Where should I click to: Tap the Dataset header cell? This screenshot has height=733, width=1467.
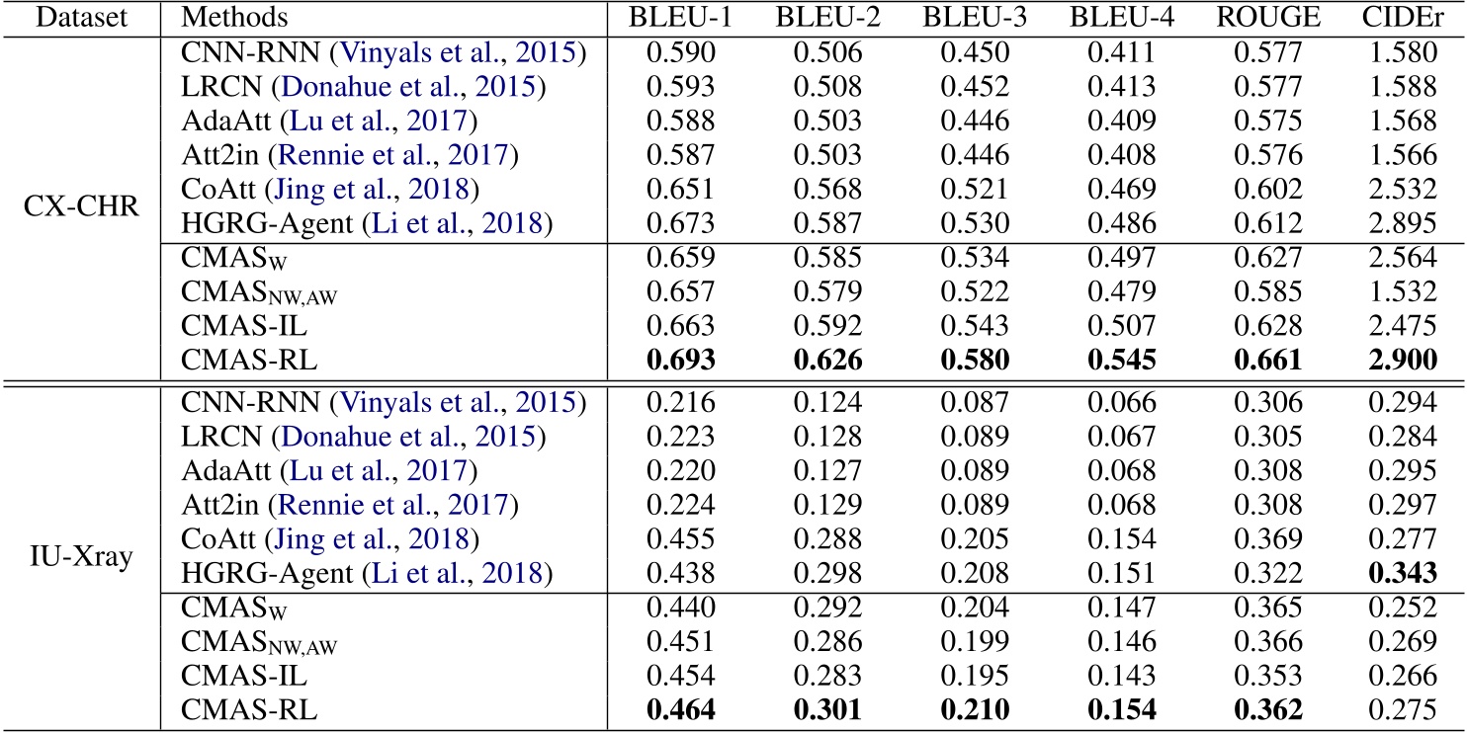pos(75,18)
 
